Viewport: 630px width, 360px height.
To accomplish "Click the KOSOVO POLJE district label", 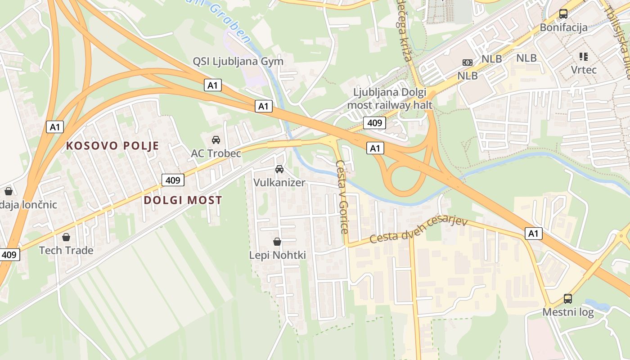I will [112, 146].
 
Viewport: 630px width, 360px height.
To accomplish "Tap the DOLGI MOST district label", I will [183, 200].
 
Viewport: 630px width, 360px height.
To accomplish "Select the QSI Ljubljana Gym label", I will [238, 61].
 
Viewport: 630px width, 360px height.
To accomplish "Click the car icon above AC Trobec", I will [216, 140].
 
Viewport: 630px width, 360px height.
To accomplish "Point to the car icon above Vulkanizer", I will [279, 169].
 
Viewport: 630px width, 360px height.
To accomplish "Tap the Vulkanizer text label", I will [279, 183].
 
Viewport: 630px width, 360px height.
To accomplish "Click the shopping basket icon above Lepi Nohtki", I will [277, 242].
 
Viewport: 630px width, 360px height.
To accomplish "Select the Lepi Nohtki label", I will [277, 255].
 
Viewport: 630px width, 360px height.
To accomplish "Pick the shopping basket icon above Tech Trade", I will [66, 237].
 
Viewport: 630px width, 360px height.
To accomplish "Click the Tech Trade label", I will [66, 250].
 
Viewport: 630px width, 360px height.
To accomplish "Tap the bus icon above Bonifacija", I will [563, 14].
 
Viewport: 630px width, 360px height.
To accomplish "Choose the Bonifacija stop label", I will [563, 27].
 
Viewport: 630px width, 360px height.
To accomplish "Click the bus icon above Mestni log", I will [568, 298].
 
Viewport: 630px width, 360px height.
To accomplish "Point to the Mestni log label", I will [568, 312].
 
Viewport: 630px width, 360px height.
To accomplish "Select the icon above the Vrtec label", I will [584, 57].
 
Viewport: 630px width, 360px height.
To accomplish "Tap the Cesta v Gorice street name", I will [342, 197].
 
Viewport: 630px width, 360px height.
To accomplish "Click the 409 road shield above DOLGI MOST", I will [173, 180].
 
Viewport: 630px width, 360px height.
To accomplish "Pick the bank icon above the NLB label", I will [468, 63].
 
